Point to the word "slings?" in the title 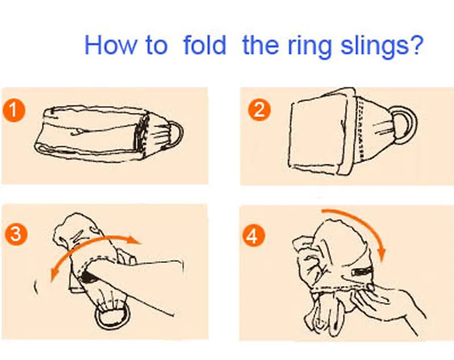point(382,47)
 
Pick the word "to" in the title point(157,45)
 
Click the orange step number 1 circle point(14,111)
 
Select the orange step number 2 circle point(259,110)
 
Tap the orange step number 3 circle point(16,233)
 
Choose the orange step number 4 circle point(253,236)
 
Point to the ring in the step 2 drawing point(414,124)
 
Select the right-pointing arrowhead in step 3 point(135,240)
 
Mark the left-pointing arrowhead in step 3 point(54,274)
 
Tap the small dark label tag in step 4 point(361,271)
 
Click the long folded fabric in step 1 point(90,132)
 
